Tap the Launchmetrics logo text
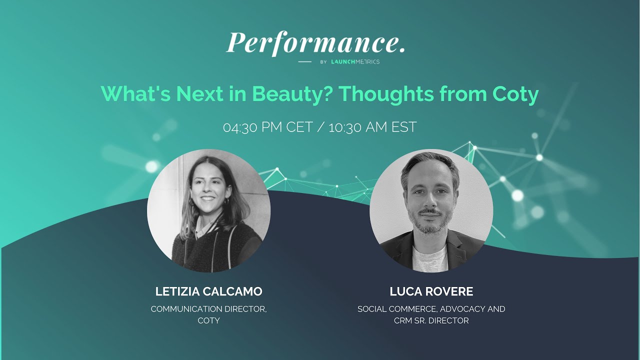(x=355, y=62)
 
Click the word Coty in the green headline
(x=515, y=93)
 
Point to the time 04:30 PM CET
(x=267, y=127)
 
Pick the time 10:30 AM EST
(x=372, y=127)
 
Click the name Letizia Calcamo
(x=208, y=291)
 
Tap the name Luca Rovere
(x=431, y=291)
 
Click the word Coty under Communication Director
(x=208, y=320)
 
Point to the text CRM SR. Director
(x=431, y=320)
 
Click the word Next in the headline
(x=200, y=93)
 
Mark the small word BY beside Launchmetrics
(x=323, y=62)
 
